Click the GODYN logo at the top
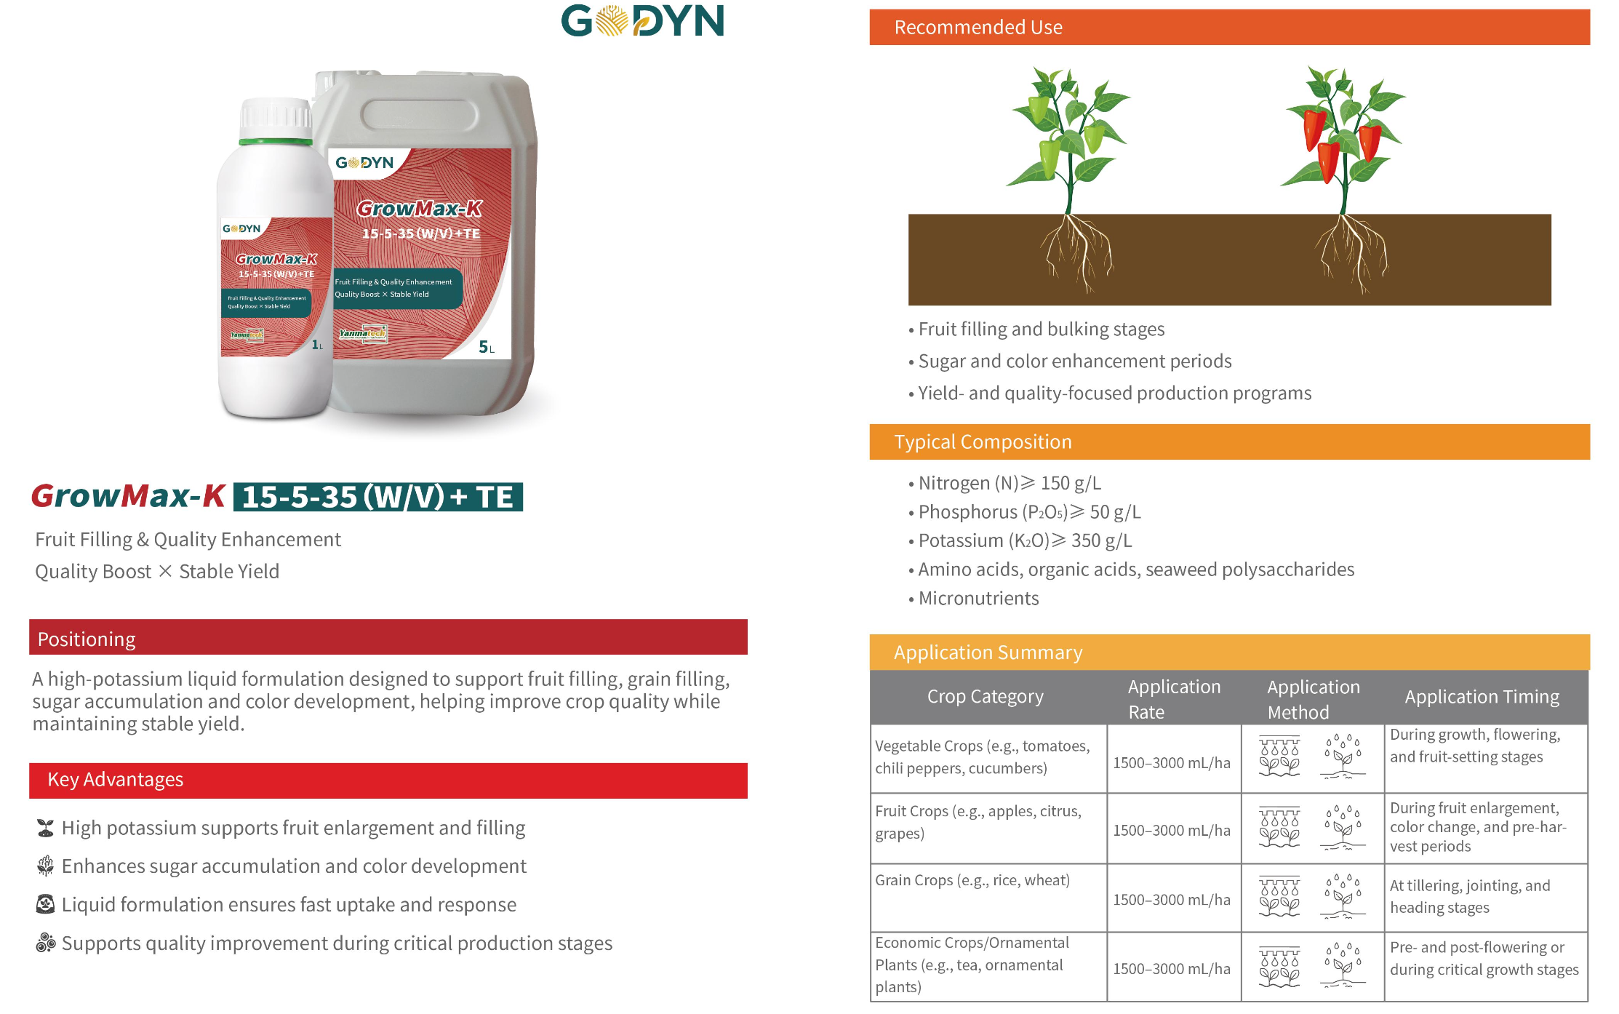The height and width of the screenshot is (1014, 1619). click(x=643, y=20)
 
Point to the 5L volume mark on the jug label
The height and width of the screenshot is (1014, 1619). click(x=486, y=347)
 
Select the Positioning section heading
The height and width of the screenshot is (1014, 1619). click(x=87, y=639)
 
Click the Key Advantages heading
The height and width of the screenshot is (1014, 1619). click(x=116, y=779)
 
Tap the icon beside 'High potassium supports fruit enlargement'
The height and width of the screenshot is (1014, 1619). click(x=45, y=828)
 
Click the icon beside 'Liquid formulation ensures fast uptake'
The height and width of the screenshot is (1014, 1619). click(x=45, y=904)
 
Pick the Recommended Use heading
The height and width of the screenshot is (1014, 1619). click(x=978, y=27)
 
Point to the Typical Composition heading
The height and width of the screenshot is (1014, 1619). click(x=983, y=442)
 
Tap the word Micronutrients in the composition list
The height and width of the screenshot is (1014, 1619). click(x=978, y=598)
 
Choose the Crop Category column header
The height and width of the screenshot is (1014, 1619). click(x=985, y=696)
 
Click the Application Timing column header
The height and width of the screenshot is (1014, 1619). click(x=1482, y=696)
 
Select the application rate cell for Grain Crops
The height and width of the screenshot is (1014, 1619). click(x=1172, y=899)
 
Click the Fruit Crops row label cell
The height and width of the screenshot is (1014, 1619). click(x=988, y=828)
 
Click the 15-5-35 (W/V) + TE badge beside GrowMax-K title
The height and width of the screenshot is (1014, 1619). click(x=377, y=497)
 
